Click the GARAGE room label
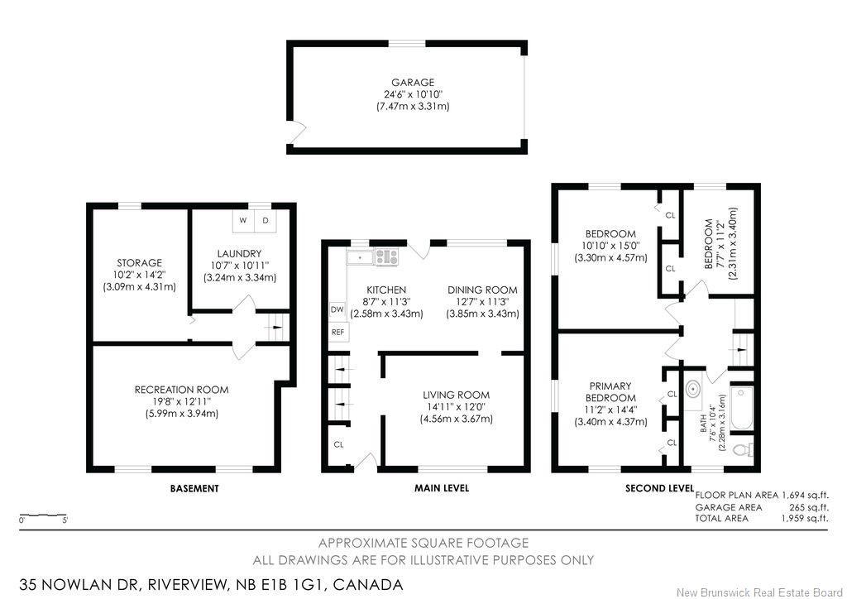point(413,83)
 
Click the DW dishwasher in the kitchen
point(337,309)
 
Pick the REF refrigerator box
point(337,332)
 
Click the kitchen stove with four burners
point(386,257)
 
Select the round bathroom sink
point(693,390)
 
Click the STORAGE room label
point(139,263)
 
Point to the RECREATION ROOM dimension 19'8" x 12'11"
point(181,401)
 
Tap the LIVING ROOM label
point(456,395)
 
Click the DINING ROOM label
point(482,290)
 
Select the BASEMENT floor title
point(194,488)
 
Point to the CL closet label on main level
point(338,444)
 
